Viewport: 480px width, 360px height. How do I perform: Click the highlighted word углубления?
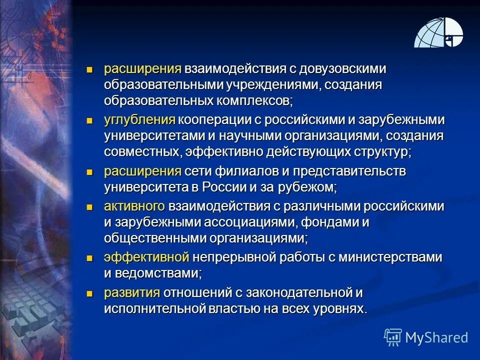click(139, 120)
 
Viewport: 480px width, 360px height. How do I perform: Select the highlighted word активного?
click(134, 205)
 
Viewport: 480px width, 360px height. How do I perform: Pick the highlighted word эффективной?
click(146, 257)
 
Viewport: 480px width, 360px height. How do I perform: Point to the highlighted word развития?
click(132, 292)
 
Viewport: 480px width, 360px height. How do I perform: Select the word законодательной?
click(266, 292)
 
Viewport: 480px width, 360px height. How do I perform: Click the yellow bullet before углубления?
click(90, 120)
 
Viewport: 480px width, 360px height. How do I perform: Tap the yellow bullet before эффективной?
click(90, 257)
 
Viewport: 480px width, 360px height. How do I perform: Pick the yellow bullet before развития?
click(90, 292)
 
